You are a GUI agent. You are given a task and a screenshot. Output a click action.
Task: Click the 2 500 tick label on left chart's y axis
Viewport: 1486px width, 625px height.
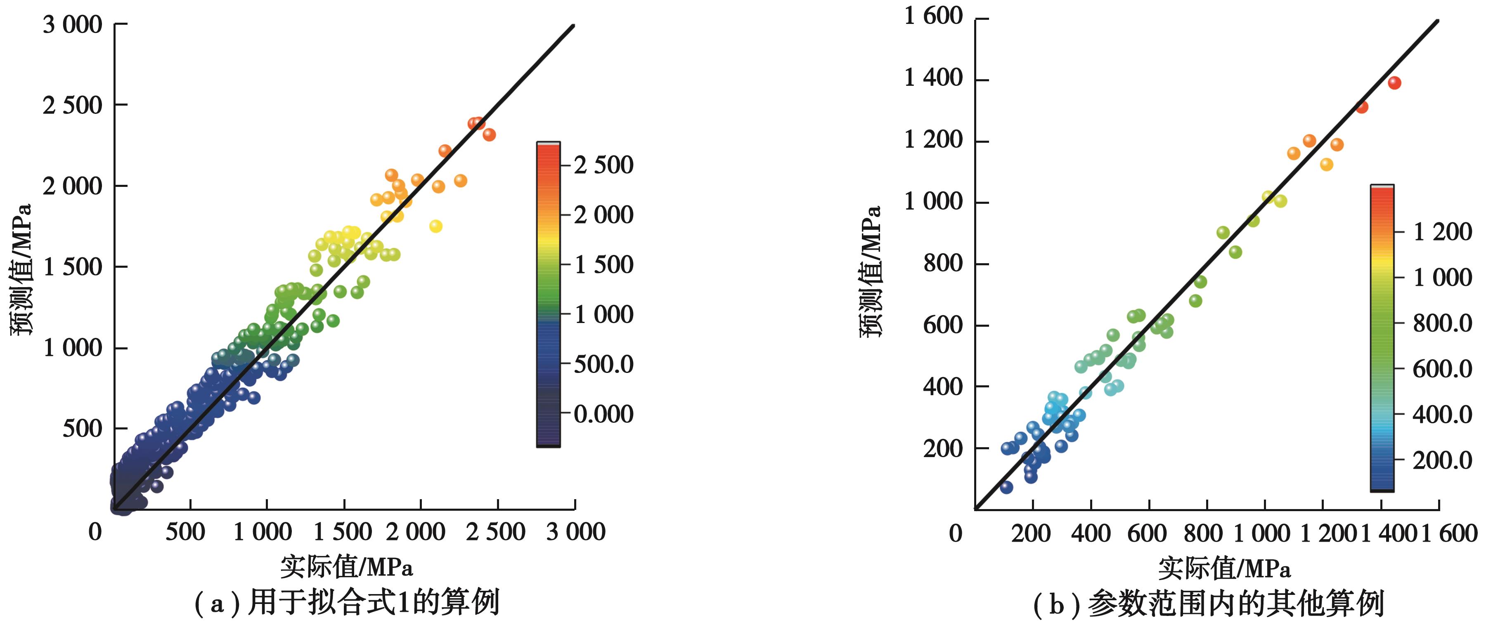coord(73,106)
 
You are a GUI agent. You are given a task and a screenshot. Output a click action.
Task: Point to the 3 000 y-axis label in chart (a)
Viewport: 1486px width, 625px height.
coord(73,25)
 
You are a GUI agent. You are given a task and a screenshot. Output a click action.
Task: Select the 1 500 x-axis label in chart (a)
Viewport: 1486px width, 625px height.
coord(343,532)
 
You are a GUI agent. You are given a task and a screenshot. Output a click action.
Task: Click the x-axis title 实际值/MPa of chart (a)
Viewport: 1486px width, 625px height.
coord(347,567)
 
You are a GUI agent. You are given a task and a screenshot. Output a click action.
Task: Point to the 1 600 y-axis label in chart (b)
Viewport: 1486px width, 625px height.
coord(933,16)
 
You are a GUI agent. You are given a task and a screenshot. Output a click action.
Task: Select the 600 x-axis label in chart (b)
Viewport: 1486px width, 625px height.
coord(1147,533)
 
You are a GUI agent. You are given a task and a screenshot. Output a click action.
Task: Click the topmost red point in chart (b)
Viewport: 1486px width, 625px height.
coord(1394,83)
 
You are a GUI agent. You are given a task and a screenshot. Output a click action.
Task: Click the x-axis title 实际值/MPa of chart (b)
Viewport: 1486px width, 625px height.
coord(1224,568)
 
